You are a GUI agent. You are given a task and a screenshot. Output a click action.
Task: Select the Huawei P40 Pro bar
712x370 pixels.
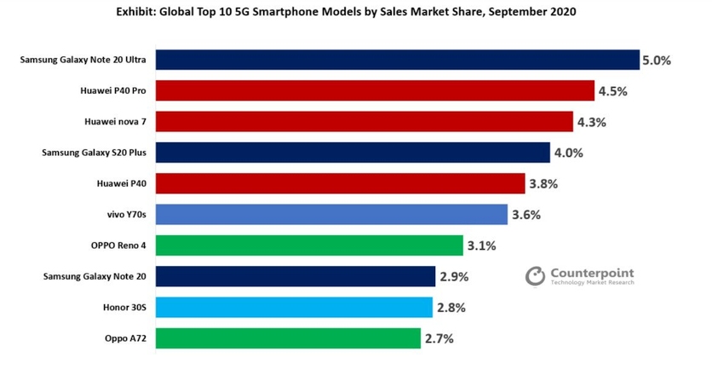coord(375,90)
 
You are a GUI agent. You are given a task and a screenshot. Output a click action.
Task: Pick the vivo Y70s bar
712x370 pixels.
coord(332,214)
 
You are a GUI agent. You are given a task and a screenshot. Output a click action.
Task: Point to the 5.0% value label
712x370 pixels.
coord(657,61)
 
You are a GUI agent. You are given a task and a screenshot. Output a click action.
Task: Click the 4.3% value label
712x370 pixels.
coord(591,122)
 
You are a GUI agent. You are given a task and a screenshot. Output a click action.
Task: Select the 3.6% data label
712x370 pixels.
coord(525,215)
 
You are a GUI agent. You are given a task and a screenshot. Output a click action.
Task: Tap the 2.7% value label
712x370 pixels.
coord(439,338)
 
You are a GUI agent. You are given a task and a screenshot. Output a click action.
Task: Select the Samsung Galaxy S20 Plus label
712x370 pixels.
coord(96,153)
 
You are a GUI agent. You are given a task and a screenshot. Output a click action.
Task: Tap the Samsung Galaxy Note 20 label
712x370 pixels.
coord(97,276)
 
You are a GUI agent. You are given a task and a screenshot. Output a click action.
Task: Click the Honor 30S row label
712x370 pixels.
coord(127,307)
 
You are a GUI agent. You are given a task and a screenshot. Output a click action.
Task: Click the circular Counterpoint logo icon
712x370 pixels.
coord(535,275)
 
